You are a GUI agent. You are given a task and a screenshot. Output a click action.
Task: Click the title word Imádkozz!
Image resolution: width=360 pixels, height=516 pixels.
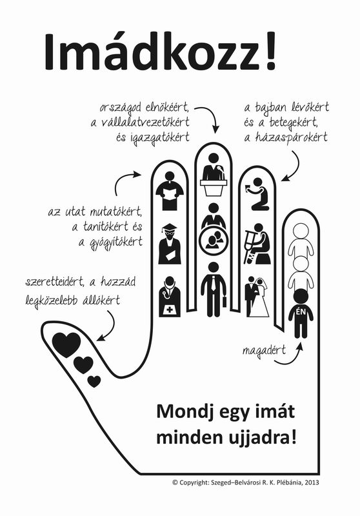click(160, 52)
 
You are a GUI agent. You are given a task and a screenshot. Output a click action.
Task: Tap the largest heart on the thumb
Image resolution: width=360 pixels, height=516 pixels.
click(67, 344)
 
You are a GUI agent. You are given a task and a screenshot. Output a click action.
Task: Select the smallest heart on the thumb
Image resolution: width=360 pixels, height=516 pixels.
click(94, 381)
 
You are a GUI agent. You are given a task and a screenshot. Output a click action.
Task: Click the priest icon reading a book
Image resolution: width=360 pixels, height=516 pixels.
click(170, 191)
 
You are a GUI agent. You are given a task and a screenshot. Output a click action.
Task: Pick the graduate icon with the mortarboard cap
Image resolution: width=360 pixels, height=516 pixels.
click(170, 244)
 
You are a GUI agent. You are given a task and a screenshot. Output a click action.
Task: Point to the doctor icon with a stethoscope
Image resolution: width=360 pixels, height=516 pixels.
click(170, 297)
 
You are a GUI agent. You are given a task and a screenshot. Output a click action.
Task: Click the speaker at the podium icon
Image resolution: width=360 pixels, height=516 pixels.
click(214, 175)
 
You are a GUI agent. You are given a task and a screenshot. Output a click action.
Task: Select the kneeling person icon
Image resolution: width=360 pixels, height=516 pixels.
click(258, 194)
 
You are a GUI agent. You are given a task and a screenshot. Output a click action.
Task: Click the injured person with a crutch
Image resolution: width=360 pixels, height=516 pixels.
click(257, 244)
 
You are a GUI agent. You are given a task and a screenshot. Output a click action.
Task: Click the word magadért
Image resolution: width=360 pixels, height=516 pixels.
click(265, 351)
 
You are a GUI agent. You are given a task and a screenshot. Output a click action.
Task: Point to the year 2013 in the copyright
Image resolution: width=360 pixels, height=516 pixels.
click(312, 482)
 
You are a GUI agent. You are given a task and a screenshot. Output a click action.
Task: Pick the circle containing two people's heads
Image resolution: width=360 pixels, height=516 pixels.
click(214, 241)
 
